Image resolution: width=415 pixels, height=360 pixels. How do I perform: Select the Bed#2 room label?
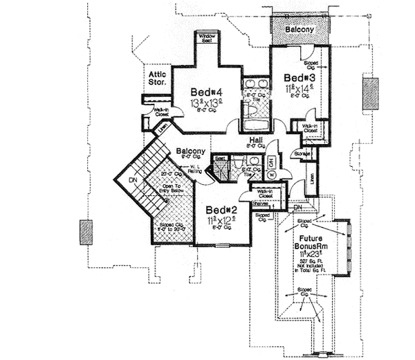(x=219, y=209)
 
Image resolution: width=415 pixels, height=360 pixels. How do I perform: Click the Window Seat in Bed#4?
(x=207, y=37)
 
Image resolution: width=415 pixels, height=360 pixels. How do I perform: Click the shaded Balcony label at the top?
(x=298, y=30)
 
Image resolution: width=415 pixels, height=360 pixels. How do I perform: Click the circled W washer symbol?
(x=270, y=174)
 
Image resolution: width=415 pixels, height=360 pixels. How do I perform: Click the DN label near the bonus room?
(x=298, y=206)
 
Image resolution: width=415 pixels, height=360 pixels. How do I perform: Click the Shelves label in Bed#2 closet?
(x=259, y=204)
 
